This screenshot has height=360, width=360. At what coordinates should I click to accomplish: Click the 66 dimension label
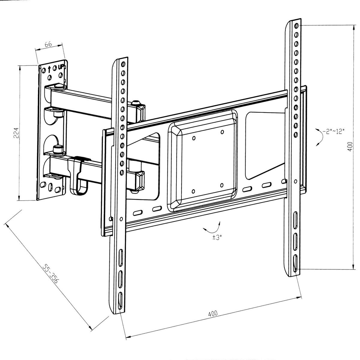pos(49,44)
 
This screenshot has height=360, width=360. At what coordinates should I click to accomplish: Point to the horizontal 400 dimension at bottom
pos(212,313)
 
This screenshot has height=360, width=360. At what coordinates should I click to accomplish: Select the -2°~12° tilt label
pos(334,131)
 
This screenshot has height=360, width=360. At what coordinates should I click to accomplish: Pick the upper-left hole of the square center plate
pos(193,138)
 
